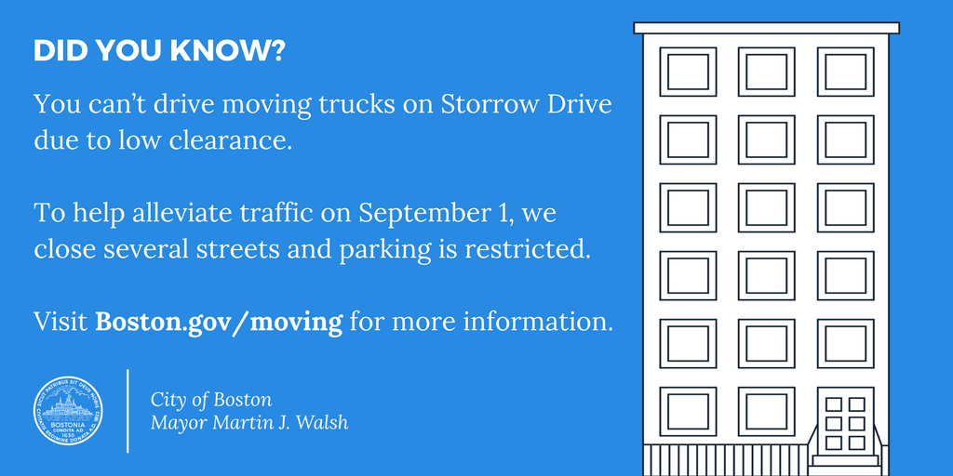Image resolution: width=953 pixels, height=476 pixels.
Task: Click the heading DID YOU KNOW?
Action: coord(159,52)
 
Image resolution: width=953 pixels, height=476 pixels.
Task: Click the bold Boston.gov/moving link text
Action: coord(219,323)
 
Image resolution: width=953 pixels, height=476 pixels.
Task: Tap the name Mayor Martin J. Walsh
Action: coord(248,424)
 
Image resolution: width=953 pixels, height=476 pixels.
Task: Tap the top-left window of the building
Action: coord(688,72)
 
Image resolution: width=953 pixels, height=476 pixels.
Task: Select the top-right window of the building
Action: coord(845,72)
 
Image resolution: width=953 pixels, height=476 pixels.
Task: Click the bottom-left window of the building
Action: coord(688,411)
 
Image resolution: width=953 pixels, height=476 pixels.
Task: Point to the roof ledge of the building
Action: coord(766,28)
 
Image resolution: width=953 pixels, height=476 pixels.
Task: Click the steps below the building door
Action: coord(845,459)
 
